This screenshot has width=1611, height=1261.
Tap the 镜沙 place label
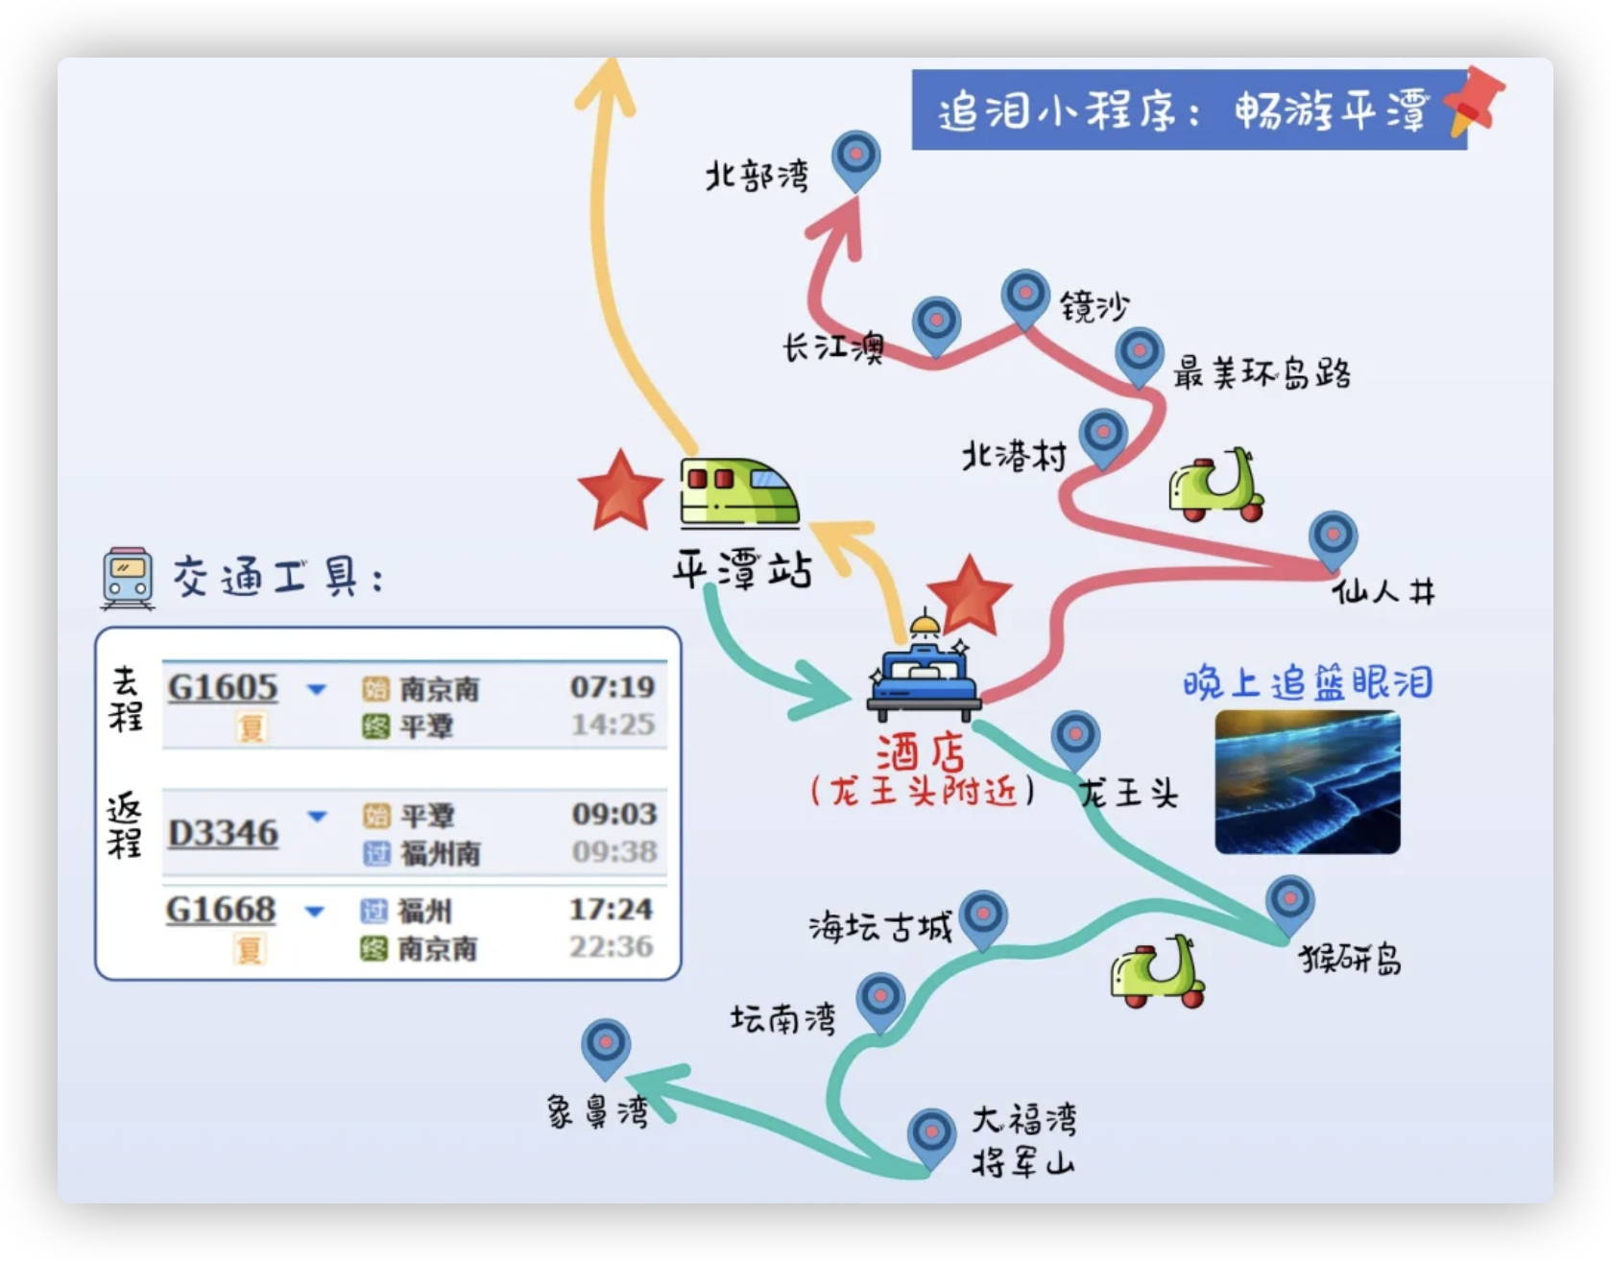coord(1094,306)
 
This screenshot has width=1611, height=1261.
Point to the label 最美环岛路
coord(1262,373)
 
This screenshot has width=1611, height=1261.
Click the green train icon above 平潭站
coord(738,493)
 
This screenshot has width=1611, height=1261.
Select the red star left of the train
coord(620,490)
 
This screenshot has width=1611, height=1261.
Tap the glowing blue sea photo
coord(1307,782)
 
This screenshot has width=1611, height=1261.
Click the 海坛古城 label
coord(879,928)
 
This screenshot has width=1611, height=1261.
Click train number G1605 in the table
coord(223,687)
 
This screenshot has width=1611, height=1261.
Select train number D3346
coord(223,833)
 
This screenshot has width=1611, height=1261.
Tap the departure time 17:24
coord(611,909)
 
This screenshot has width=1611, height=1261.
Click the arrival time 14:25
coord(613,725)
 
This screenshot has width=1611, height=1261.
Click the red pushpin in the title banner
coord(1474,102)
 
